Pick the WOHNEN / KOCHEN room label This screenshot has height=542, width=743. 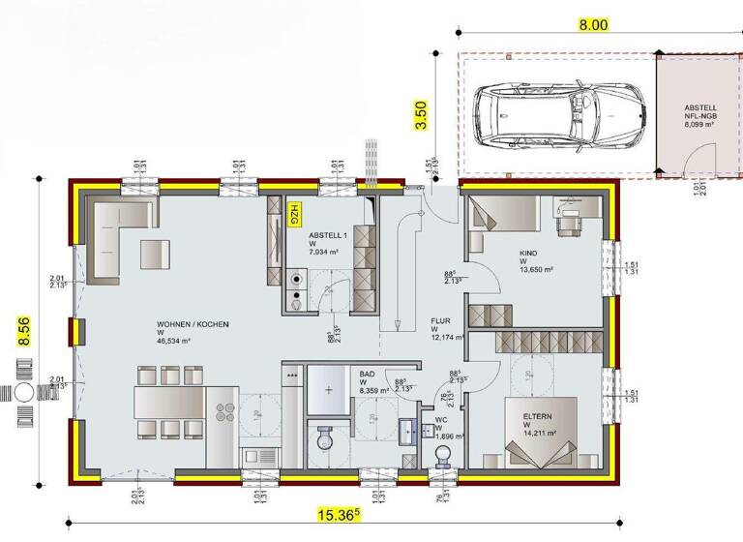tap(193, 324)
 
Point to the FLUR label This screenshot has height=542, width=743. tap(441, 322)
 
